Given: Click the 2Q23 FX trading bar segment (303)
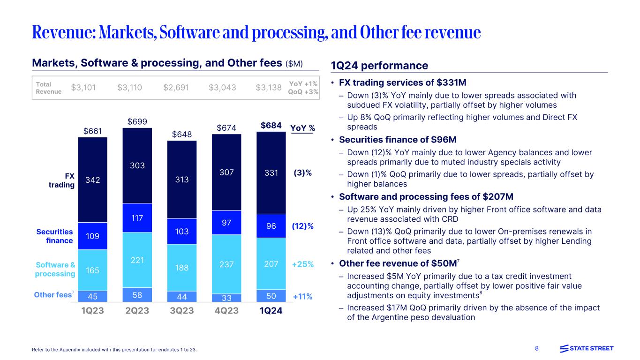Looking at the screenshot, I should (x=137, y=165).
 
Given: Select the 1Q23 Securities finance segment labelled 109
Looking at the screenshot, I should (x=92, y=236).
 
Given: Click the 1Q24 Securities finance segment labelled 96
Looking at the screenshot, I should (x=271, y=226).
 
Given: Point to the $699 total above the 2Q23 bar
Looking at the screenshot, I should (x=137, y=122).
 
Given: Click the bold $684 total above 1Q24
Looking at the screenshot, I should (x=271, y=126).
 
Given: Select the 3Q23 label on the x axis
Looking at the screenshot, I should (x=182, y=311).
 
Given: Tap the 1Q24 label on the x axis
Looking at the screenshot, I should (x=271, y=311).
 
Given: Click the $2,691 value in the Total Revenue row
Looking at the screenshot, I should (x=175, y=87).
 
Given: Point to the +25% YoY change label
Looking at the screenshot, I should (x=302, y=264).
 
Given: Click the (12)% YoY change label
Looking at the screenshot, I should (x=302, y=226).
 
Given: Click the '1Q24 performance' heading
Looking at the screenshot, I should (x=379, y=66).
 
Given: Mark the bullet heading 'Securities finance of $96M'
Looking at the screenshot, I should (x=398, y=140).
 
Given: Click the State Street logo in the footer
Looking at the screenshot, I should (x=587, y=348).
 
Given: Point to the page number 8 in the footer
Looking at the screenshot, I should (x=537, y=348).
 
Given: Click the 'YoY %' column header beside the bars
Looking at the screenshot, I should (x=302, y=128).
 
